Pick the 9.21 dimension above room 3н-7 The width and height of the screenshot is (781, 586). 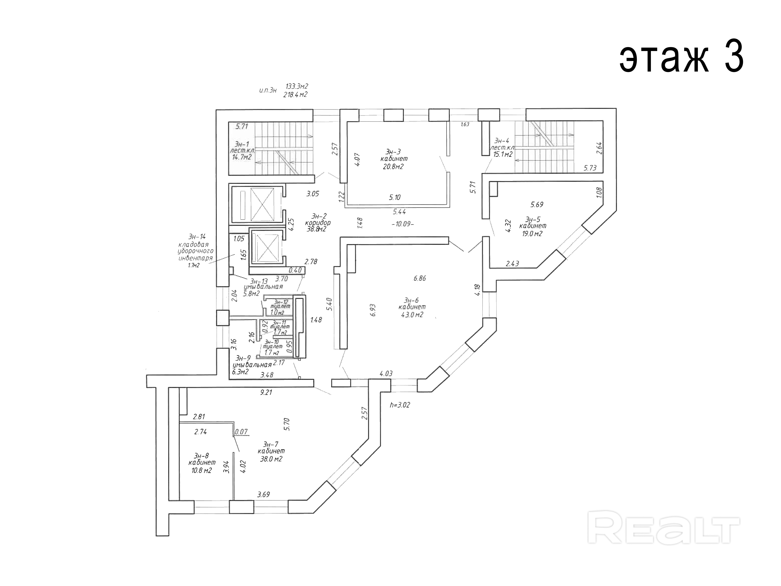click(266, 392)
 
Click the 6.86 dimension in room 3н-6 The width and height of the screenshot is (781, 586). click(419, 278)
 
